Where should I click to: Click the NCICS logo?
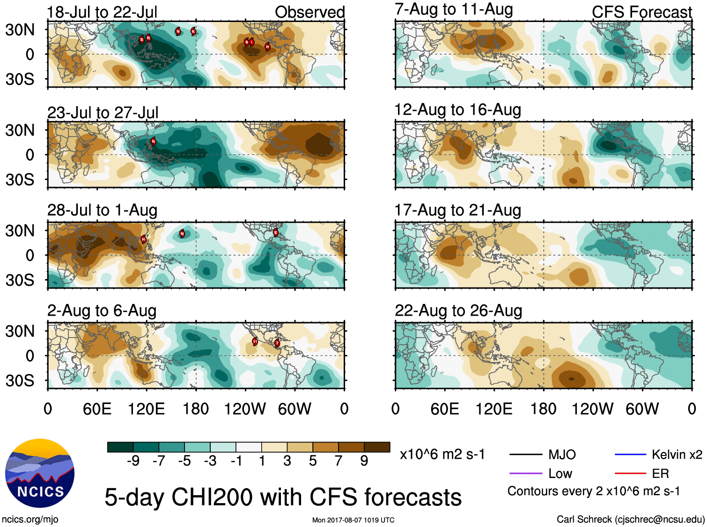pos(40,473)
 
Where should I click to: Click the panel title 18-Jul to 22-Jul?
pos(102,12)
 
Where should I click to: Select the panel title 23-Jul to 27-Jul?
pos(103,113)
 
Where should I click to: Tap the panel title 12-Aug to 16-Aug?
pos(457,110)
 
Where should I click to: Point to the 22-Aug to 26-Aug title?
pos(458,311)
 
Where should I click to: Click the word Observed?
pos(309,12)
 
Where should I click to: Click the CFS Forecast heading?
pos(641,12)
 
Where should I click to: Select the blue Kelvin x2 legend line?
pos(630,455)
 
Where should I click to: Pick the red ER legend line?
pos(630,474)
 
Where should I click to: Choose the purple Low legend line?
pos(525,474)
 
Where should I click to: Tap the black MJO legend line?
pos(525,455)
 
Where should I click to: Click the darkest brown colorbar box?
pos(377,447)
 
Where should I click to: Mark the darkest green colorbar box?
pos(120,447)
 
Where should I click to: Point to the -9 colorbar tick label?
pos(133,461)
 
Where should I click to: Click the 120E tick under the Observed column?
pos(147,409)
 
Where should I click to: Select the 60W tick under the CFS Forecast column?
pos(642,409)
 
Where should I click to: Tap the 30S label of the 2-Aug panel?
pos(20,381)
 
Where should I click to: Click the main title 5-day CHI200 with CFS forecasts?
pos(283,497)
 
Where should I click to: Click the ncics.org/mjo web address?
pos(30,520)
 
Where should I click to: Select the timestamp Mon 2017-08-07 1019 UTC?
pos(353,520)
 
